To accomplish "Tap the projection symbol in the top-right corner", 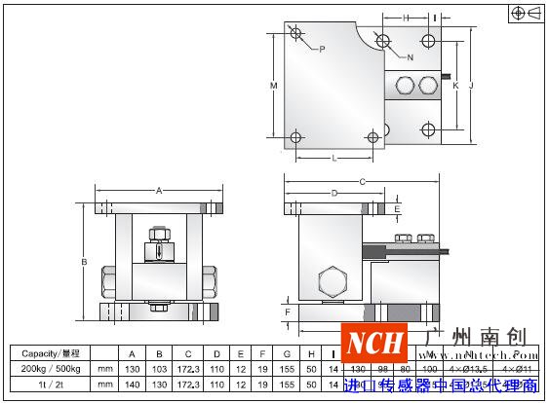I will (x=527, y=13).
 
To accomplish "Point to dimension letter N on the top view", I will (x=409, y=57).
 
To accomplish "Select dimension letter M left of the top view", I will (x=274, y=87).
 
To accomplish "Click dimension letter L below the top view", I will (x=333, y=157).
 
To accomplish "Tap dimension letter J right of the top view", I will (x=470, y=86).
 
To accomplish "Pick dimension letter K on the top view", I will (x=455, y=86).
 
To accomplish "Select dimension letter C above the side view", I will (x=362, y=181).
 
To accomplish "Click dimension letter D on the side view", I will (x=333, y=194).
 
